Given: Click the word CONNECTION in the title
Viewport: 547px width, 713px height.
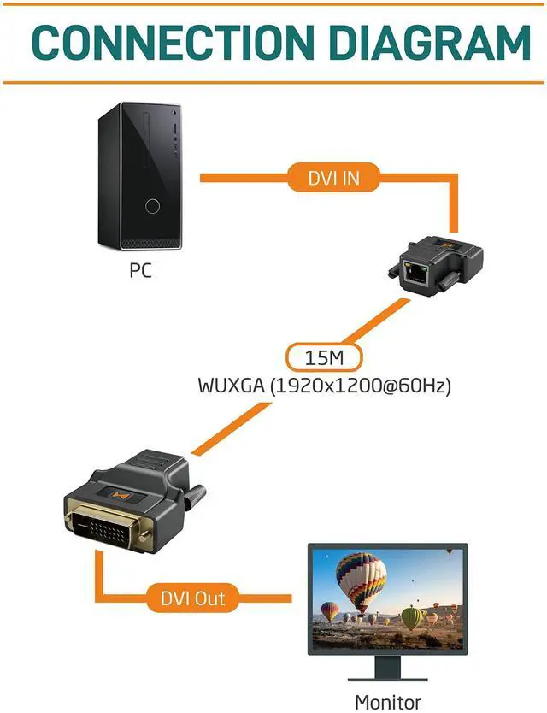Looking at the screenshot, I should pyautogui.click(x=171, y=42).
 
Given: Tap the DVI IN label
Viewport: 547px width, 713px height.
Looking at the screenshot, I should pyautogui.click(x=334, y=177).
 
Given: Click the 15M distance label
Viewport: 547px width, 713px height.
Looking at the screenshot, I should pyautogui.click(x=323, y=356).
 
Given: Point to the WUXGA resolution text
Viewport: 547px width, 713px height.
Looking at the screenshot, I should pyautogui.click(x=323, y=386).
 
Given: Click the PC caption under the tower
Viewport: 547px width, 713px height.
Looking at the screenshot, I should pyautogui.click(x=141, y=271).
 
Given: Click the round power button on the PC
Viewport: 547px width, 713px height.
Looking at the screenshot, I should pyautogui.click(x=153, y=206).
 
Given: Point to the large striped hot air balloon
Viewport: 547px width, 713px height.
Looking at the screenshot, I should pyautogui.click(x=362, y=576).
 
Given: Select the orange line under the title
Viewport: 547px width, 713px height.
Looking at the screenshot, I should pyautogui.click(x=273, y=82).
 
